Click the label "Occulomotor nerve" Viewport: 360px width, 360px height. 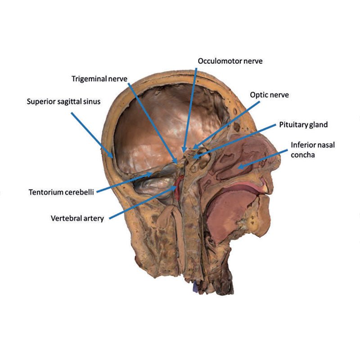pos(230,61)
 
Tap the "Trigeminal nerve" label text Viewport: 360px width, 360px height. pos(99,79)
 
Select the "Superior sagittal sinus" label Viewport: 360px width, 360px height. pos(63,102)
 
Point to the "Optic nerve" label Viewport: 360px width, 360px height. pos(269,95)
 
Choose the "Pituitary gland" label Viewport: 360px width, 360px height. pos(303,125)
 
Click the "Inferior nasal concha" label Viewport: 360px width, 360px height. pos(313,150)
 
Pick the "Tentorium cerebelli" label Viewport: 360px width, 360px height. pos(61,192)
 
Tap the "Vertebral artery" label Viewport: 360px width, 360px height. pos(77,218)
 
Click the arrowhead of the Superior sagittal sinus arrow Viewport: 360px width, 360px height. pos(111,156)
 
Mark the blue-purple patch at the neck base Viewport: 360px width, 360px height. pos(195,288)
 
